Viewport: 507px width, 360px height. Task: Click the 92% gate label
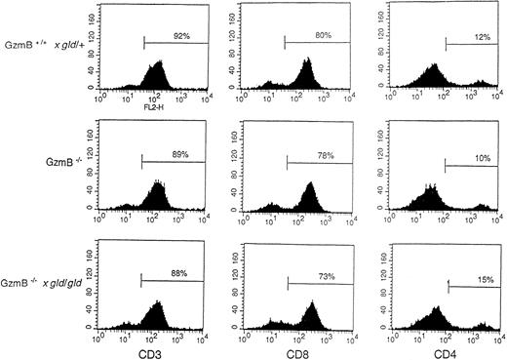pyautogui.click(x=180, y=34)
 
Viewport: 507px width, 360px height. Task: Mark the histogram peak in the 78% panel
pyautogui.click(x=310, y=186)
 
